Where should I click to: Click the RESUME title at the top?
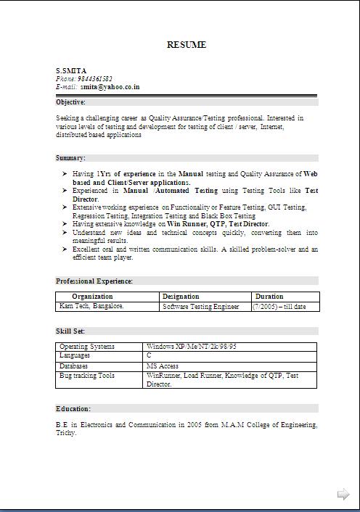(187, 45)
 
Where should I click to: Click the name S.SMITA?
(70, 70)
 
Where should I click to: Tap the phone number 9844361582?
(95, 78)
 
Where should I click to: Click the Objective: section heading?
(71, 102)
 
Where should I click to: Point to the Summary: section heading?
(71, 157)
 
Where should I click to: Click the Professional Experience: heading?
(94, 281)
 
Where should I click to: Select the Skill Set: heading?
(70, 331)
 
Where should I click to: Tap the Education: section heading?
(73, 408)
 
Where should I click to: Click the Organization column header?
(92, 297)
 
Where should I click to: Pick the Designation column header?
(181, 297)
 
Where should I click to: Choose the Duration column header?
(269, 297)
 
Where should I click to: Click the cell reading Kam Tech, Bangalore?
(91, 306)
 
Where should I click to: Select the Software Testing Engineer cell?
(201, 307)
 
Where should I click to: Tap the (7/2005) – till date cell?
(279, 307)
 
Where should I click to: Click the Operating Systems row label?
(87, 347)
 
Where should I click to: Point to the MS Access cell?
(163, 366)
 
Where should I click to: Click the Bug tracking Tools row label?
(87, 376)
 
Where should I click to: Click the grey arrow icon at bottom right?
(343, 495)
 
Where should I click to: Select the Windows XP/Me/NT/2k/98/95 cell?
(191, 347)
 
